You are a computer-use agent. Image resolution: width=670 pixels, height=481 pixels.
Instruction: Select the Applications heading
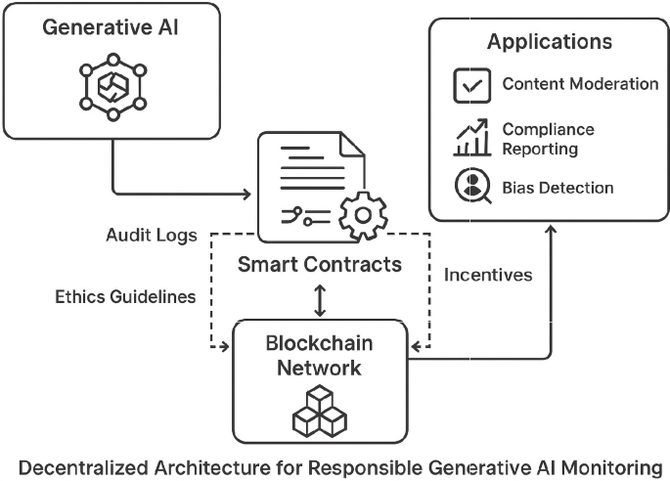[x=550, y=42]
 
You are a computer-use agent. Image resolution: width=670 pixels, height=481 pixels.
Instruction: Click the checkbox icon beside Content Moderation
[x=471, y=85]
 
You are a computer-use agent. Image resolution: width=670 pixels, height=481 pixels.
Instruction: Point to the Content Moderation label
[x=580, y=84]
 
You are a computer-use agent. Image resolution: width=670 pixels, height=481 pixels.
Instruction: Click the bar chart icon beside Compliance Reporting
[x=471, y=138]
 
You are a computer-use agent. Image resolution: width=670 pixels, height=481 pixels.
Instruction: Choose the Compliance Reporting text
[x=549, y=139]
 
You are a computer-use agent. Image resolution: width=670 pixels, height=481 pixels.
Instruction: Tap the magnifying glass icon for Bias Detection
[x=471, y=186]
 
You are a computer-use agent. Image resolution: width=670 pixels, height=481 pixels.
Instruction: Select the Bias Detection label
[x=558, y=187]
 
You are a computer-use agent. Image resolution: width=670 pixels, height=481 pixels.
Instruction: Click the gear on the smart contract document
[x=361, y=214]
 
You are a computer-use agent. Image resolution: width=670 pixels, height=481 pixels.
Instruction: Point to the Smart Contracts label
[x=319, y=264]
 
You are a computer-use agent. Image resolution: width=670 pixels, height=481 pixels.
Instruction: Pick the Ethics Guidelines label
[x=126, y=295]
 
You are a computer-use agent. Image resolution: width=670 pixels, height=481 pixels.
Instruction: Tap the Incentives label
[x=488, y=275]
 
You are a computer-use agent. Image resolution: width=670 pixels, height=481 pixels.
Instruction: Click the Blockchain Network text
[x=319, y=356]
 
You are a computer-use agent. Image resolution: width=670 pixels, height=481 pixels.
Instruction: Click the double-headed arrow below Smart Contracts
[x=319, y=300]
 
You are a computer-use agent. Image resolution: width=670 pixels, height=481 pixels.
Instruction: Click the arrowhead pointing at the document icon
[x=246, y=190]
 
